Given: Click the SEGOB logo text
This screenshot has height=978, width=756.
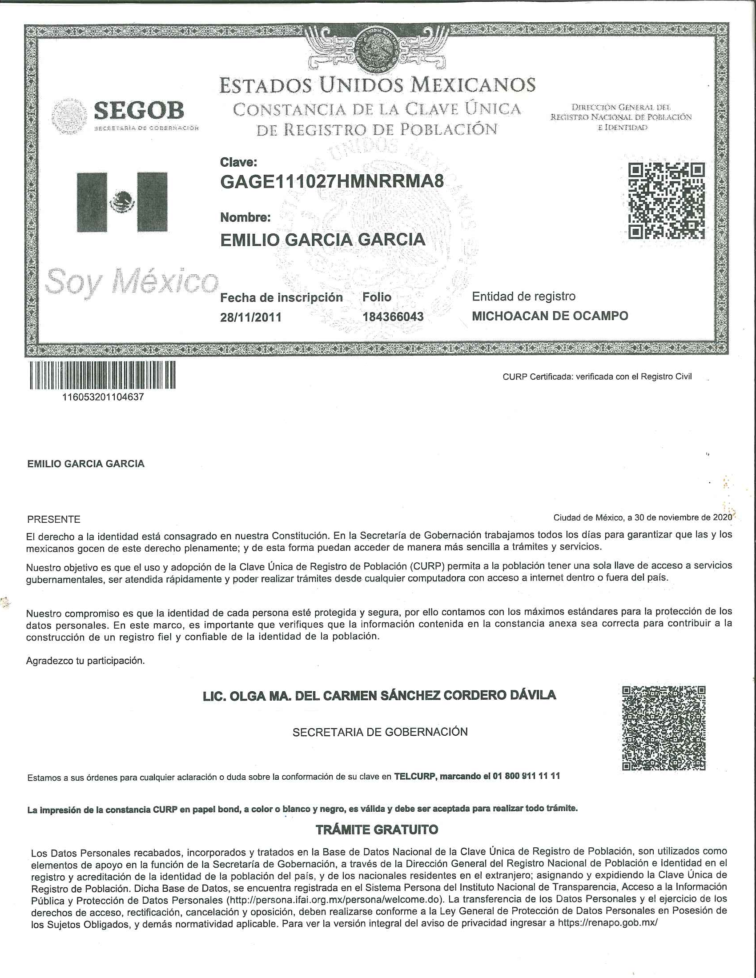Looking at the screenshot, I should point(139,110).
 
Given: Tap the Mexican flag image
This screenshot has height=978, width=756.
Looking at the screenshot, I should point(122,202).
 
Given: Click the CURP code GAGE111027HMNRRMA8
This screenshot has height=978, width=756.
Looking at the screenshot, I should point(332,181).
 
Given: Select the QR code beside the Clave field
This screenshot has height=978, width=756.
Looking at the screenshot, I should point(666,200).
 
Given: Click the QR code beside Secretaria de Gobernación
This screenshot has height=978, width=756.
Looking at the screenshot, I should point(664,728).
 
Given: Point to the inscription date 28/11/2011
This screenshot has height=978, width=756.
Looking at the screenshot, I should point(251,317).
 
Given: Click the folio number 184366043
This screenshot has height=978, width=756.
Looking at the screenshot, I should point(393,317).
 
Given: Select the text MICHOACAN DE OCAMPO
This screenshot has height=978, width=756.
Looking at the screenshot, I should point(550,316).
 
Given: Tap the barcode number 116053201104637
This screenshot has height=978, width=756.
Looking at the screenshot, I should point(103,397).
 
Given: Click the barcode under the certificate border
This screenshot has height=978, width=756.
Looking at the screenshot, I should point(103,375).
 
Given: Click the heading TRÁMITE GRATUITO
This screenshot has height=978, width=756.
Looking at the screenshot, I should point(377,830).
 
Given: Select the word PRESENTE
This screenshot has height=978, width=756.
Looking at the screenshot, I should point(54,519).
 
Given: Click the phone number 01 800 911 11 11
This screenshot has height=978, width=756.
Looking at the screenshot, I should point(526,776).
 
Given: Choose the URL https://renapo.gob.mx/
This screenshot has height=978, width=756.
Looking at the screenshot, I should point(608,922).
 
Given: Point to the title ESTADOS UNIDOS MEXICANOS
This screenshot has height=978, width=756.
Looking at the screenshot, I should point(377,84).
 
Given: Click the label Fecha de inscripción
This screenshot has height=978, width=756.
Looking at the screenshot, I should point(281,298).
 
